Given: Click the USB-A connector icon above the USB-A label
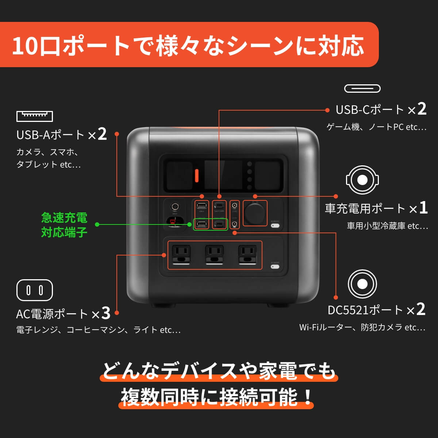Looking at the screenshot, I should [x=35, y=116].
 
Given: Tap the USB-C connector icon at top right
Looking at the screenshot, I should [x=362, y=88].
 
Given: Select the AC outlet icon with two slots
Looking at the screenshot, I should [x=35, y=290].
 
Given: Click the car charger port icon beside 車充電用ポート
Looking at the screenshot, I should [x=362, y=180].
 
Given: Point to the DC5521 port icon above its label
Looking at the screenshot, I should [x=362, y=284].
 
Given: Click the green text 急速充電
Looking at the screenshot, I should [x=64, y=218].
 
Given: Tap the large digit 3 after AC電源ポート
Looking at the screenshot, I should [x=106, y=313].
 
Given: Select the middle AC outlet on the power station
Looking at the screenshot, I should [x=215, y=254].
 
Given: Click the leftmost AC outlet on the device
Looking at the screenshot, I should [x=181, y=254].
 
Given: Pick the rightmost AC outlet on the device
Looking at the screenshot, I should [x=247, y=254].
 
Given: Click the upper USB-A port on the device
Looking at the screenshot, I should [x=201, y=206].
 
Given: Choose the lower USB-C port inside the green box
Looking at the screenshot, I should [x=219, y=224].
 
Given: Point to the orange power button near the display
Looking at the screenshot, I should [x=196, y=176].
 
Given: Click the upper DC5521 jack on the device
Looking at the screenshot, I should [x=235, y=205].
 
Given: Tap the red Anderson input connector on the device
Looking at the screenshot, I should [x=175, y=222].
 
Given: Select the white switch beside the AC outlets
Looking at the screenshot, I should [x=275, y=266].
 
